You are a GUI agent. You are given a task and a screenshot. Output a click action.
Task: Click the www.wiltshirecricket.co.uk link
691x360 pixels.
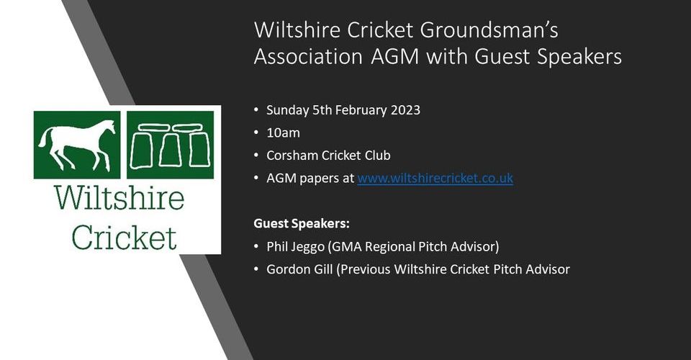pyautogui.click(x=435, y=178)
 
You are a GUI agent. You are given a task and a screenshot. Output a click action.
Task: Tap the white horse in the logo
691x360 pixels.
pyautogui.click(x=77, y=144)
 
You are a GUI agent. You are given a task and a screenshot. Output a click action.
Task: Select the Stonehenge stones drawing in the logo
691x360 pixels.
pyautogui.click(x=170, y=145)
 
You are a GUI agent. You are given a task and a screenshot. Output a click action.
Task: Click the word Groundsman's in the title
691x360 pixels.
pyautogui.click(x=489, y=30)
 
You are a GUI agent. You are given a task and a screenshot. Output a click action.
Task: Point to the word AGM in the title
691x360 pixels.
pyautogui.click(x=395, y=57)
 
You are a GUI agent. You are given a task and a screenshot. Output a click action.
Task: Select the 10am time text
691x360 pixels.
pyautogui.click(x=283, y=132)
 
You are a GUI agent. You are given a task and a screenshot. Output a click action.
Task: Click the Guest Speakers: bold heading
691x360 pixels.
pyautogui.click(x=302, y=223)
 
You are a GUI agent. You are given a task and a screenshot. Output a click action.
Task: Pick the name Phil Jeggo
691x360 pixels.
pyautogui.click(x=295, y=247)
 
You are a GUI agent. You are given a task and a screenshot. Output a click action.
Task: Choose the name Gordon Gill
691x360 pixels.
pyautogui.click(x=299, y=269)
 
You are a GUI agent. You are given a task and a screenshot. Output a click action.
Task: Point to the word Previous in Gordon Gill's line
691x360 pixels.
pyautogui.click(x=366, y=269)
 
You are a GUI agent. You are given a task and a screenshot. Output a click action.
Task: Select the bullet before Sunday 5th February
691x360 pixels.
pyautogui.click(x=256, y=110)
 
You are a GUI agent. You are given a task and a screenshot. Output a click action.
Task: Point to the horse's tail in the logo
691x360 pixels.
pyautogui.click(x=43, y=138)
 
